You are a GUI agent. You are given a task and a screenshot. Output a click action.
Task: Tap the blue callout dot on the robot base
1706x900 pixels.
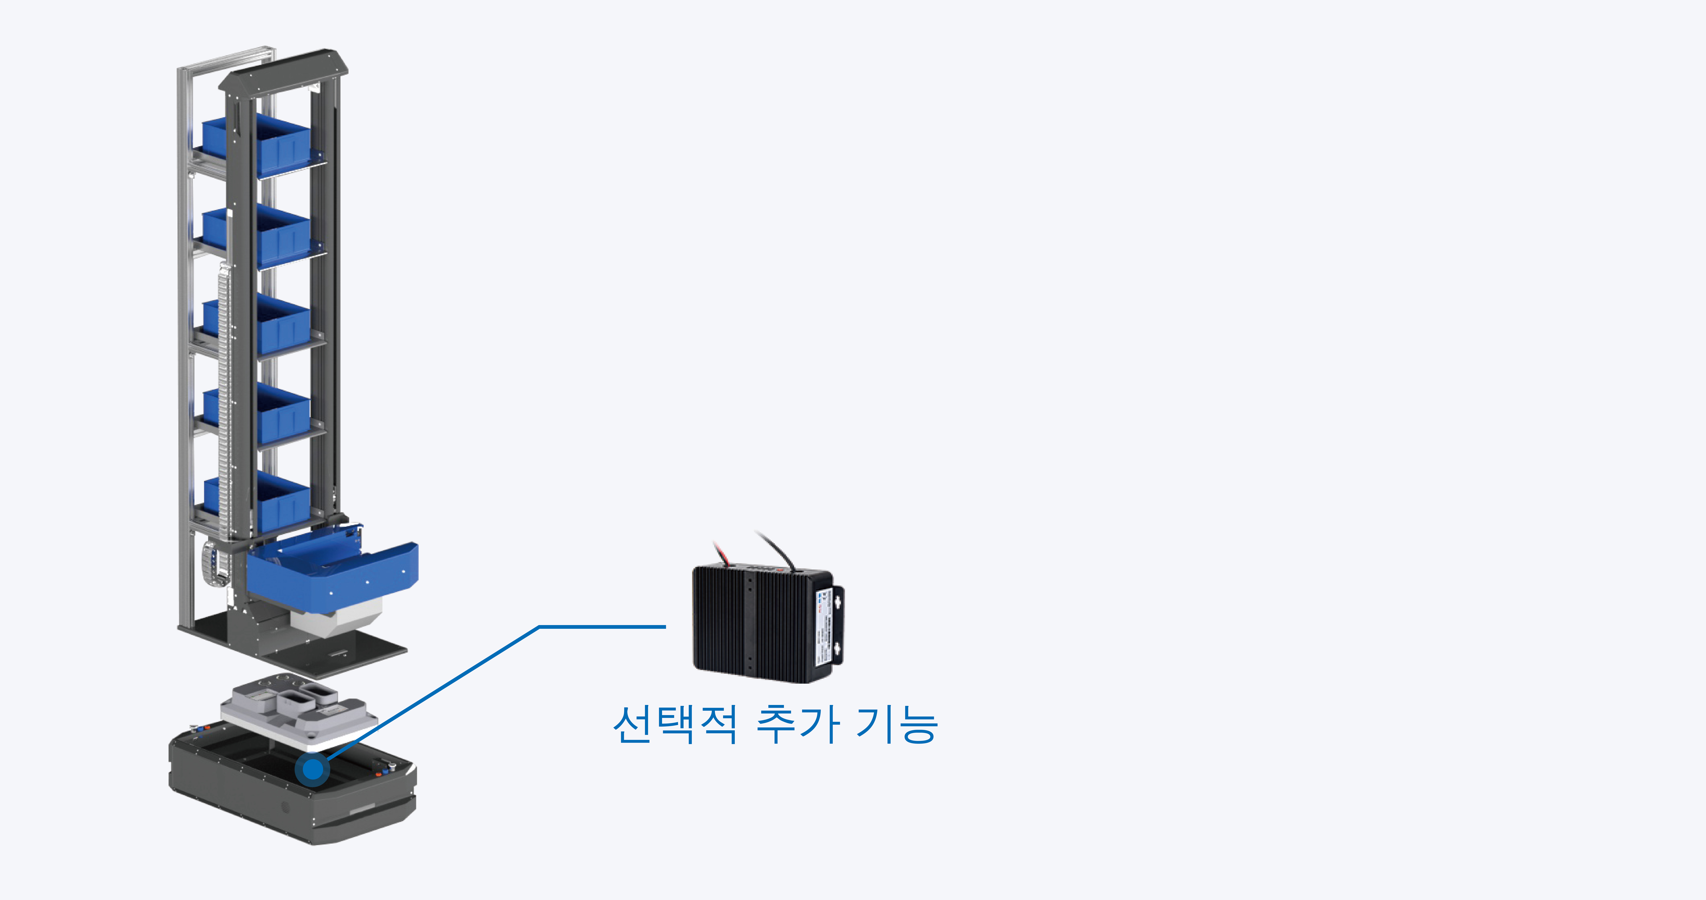point(313,769)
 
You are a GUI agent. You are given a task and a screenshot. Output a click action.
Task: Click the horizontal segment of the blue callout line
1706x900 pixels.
point(603,626)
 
